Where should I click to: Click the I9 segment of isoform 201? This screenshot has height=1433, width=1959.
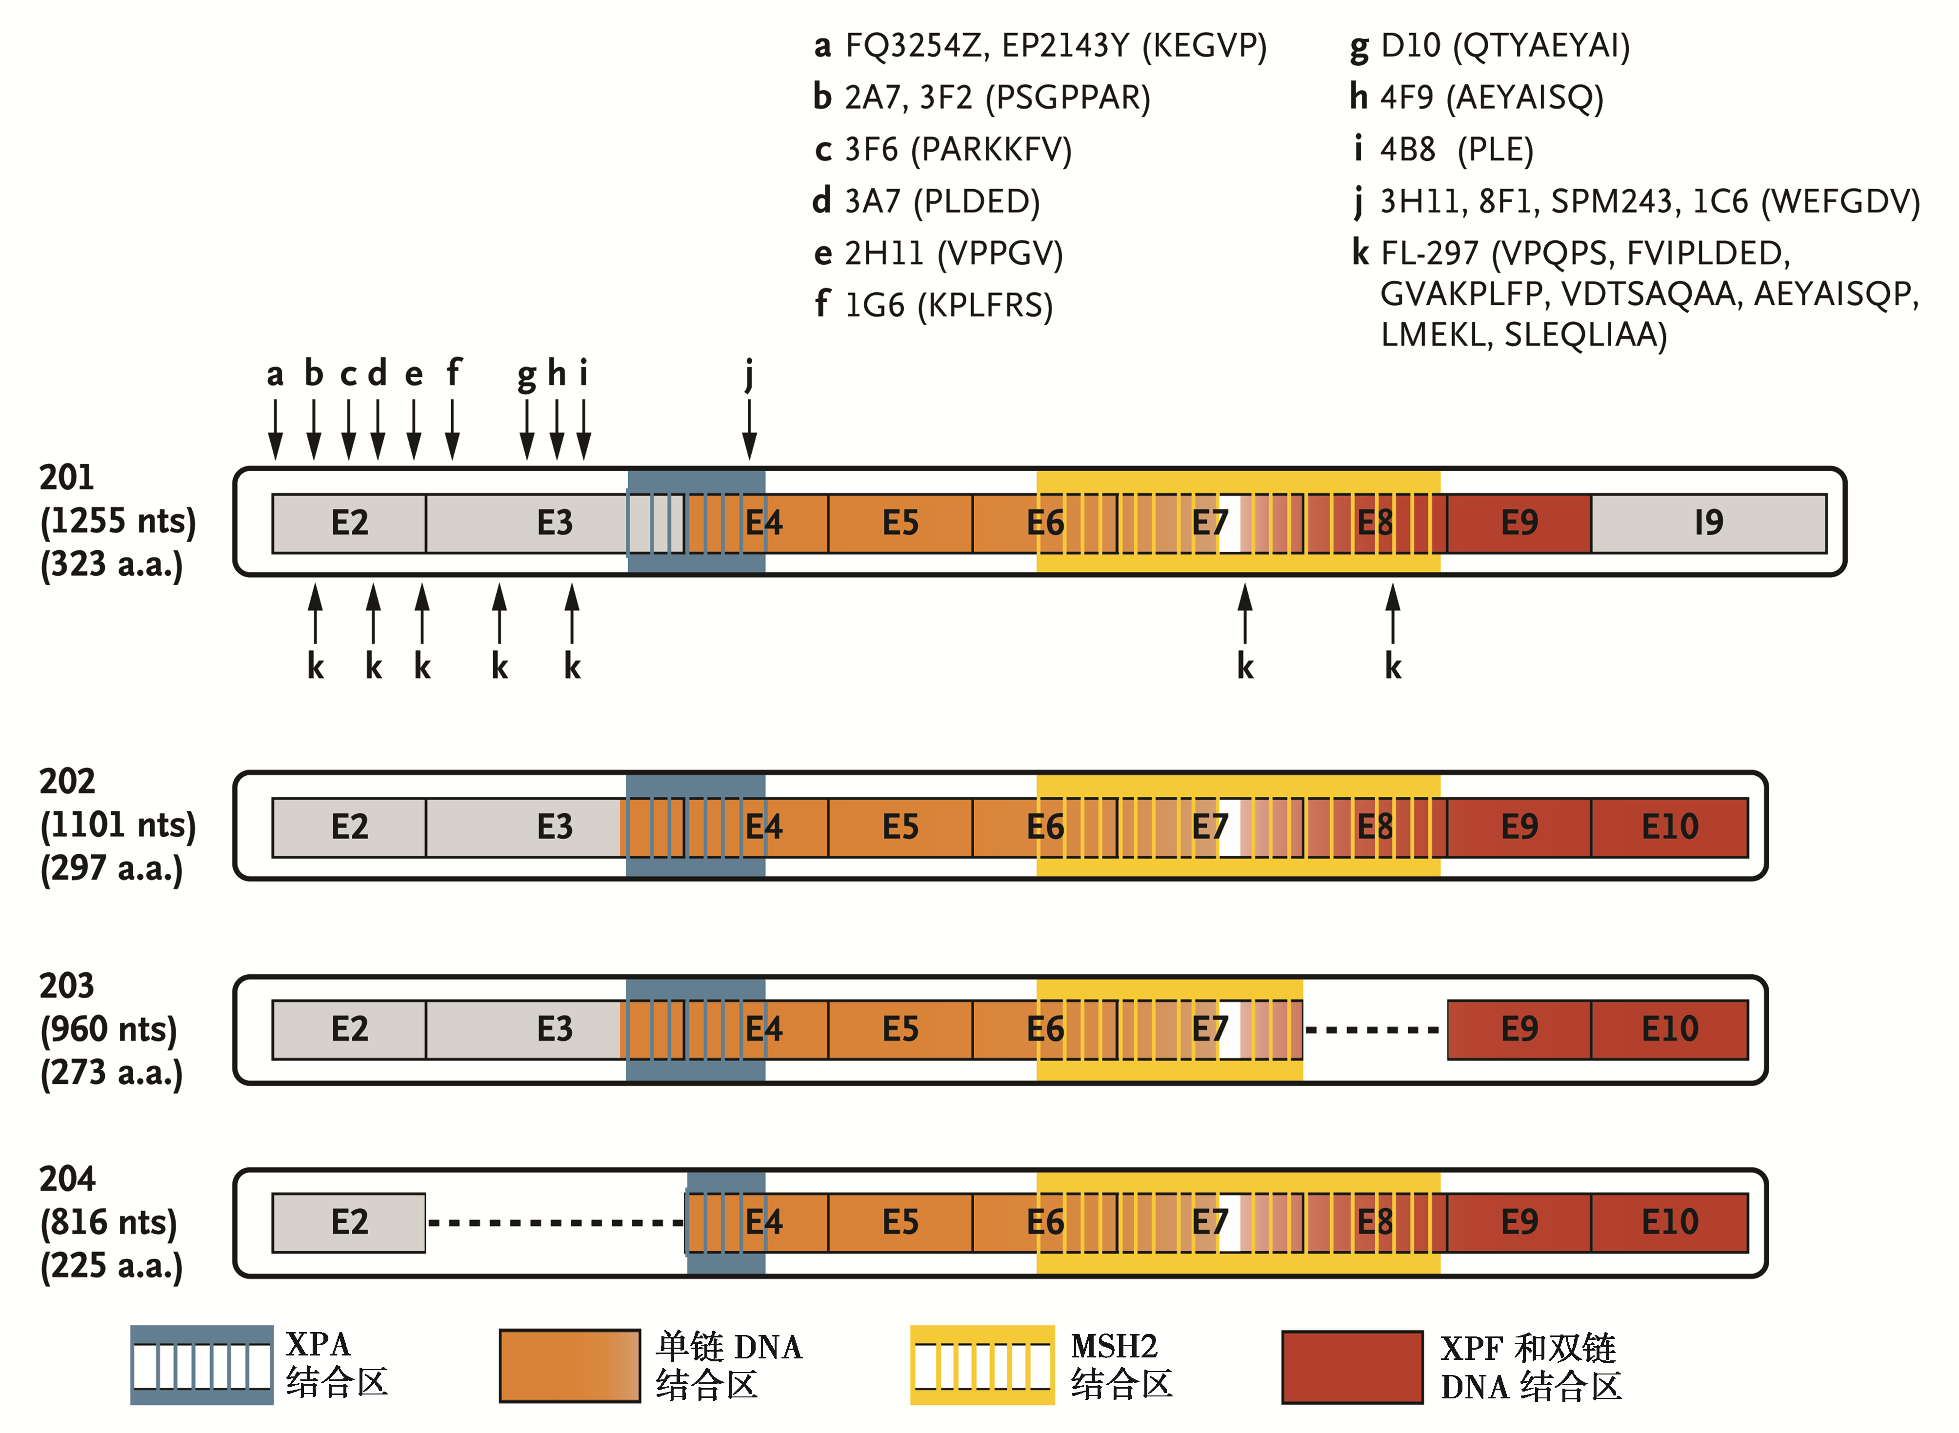click(1708, 523)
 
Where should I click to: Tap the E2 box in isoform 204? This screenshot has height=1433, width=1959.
click(349, 1222)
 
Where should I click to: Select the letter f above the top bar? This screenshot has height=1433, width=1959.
click(453, 373)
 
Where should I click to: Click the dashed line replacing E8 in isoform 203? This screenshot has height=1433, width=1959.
click(1373, 1030)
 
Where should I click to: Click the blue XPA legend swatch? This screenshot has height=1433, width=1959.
click(202, 1364)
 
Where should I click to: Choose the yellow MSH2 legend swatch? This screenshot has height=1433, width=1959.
click(982, 1364)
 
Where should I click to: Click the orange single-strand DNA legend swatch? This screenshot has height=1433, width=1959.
click(570, 1366)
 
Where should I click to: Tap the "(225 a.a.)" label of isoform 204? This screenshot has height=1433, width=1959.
click(111, 1266)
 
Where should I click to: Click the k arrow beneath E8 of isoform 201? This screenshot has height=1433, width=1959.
click(1393, 613)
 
